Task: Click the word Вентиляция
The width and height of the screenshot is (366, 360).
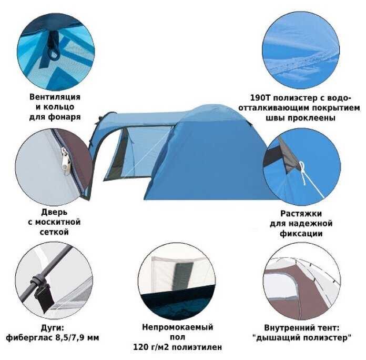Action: coord(55,97)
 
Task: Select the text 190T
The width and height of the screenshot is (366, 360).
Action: coord(260,98)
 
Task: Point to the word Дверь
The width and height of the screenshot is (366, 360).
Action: coord(54,212)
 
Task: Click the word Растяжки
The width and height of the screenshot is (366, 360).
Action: coord(301,214)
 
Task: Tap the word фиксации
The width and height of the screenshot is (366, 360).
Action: coord(301,234)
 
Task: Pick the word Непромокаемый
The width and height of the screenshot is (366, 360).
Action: coord(178,327)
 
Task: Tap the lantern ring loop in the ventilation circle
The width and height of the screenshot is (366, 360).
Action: coord(54,54)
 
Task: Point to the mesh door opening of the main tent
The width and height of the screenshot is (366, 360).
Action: coord(120,155)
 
